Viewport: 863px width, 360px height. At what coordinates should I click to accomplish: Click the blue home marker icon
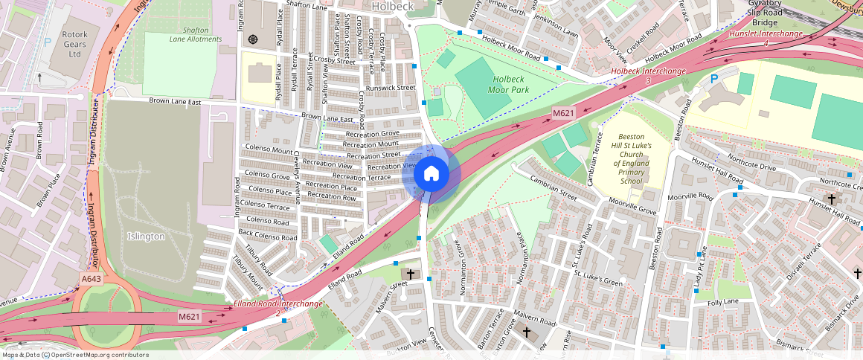(x=431, y=174)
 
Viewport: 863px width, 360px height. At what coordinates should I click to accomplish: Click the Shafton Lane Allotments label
(x=196, y=34)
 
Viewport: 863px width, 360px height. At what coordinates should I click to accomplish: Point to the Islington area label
(x=146, y=236)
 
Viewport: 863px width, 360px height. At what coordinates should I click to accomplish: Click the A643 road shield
(x=91, y=279)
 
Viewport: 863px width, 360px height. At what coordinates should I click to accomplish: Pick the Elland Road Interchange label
(x=277, y=304)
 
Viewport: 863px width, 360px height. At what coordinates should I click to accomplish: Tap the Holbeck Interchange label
(x=648, y=75)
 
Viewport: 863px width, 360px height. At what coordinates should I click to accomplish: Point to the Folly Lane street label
(x=724, y=302)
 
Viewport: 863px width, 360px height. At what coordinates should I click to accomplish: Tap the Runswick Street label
(x=391, y=88)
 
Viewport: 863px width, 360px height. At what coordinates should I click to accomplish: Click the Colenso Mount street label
(x=268, y=150)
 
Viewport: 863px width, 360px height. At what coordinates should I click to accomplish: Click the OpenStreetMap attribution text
(x=74, y=355)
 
